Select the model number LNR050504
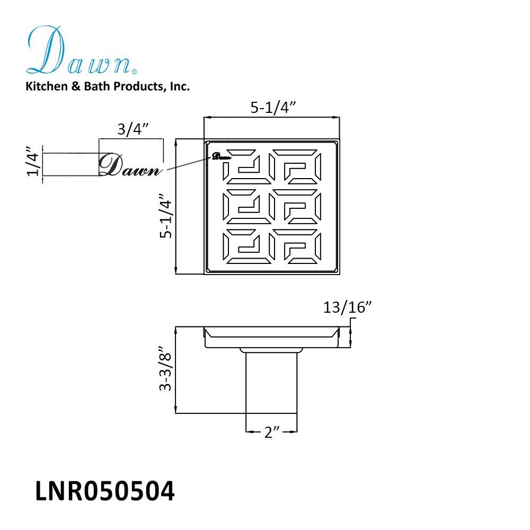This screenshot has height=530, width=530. (x=105, y=491)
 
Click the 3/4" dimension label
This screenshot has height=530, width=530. (x=133, y=129)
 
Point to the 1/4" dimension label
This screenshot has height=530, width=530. (x=33, y=161)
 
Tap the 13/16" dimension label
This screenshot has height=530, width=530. (x=347, y=307)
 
